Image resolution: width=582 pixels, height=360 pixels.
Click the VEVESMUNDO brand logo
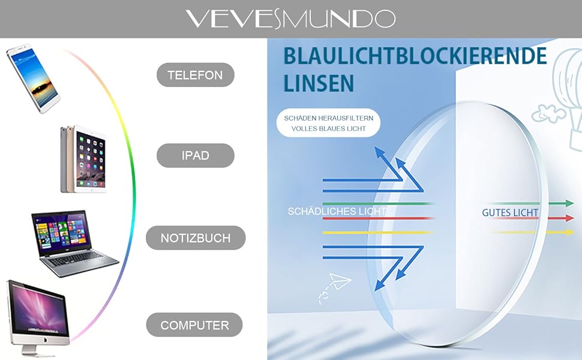[290, 19]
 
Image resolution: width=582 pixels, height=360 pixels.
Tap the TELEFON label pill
[195, 75]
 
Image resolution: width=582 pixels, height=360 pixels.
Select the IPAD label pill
[195, 155]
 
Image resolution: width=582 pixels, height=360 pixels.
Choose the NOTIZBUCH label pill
[196, 238]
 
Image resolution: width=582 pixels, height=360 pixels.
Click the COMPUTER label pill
[194, 325]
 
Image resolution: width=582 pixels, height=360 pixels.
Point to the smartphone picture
[34, 77]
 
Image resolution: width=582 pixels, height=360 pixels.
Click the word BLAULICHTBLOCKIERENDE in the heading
[415, 56]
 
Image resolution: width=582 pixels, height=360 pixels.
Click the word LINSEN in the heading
[318, 83]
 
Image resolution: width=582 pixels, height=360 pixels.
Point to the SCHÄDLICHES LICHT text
[337, 211]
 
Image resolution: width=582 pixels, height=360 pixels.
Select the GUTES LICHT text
[510, 212]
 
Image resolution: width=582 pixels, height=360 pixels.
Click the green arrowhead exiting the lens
[569, 203]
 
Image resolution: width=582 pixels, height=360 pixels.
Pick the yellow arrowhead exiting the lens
[569, 232]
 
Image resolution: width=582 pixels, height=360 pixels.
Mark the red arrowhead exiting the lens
[569, 218]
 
